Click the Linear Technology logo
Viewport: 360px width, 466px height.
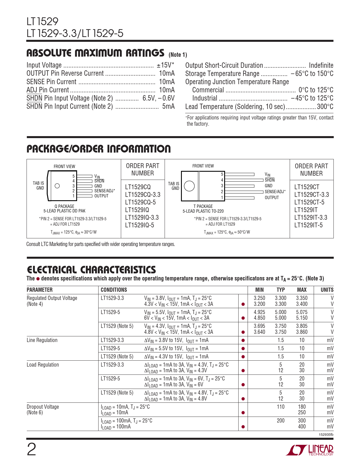[x=309, y=450]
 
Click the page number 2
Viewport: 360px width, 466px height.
[x=31, y=450]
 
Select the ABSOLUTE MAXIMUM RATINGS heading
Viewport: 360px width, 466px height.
[x=95, y=53]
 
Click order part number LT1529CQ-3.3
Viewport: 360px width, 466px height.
[x=143, y=195]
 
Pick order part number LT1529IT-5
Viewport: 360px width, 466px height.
[x=308, y=225]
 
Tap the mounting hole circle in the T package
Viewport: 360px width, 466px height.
[x=189, y=186]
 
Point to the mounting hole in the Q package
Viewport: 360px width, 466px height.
[x=57, y=186]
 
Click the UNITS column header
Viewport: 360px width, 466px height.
[x=327, y=290]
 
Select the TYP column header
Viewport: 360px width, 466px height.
[x=280, y=290]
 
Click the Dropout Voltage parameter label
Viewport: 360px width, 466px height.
[x=43, y=407]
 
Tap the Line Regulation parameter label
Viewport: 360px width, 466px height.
[x=42, y=340]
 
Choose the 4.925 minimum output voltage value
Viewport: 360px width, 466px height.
[x=259, y=312]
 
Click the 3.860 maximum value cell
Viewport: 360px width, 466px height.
[x=302, y=332]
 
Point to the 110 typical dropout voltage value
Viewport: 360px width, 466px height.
[x=280, y=407]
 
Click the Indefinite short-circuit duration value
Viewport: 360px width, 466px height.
[x=321, y=65]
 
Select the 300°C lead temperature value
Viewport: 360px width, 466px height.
[x=325, y=106]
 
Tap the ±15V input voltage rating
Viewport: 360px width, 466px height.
[x=165, y=65]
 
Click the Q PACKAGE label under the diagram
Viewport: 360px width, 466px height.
[x=64, y=206]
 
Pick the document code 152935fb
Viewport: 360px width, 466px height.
[x=326, y=435]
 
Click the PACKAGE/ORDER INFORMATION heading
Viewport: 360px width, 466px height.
[x=99, y=149]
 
